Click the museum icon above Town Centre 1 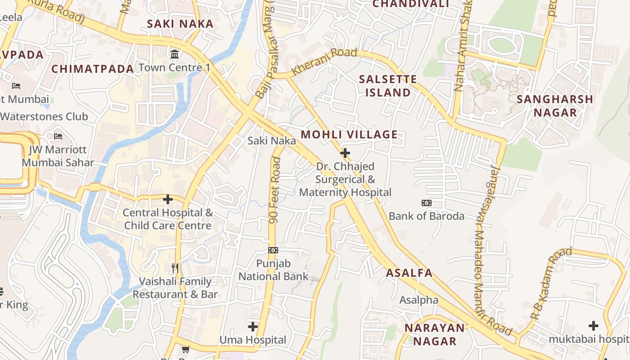tap(175, 54)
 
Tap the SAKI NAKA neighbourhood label tap(180, 24)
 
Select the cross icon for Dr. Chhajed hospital tap(345, 153)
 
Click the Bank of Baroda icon tap(426, 203)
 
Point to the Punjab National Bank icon tap(273, 250)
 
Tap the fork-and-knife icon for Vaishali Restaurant tap(175, 268)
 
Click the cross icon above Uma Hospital tap(253, 326)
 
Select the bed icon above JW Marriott tap(58, 136)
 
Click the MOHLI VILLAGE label tap(349, 135)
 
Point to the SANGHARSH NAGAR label tap(555, 106)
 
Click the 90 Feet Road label tap(275, 190)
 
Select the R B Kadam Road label tap(551, 284)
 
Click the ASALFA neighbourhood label tap(409, 273)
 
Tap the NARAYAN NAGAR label tap(434, 334)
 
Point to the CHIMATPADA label tap(92, 69)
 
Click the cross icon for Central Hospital tap(168, 199)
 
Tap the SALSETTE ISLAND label tap(388, 86)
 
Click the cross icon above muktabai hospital tap(594, 325)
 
